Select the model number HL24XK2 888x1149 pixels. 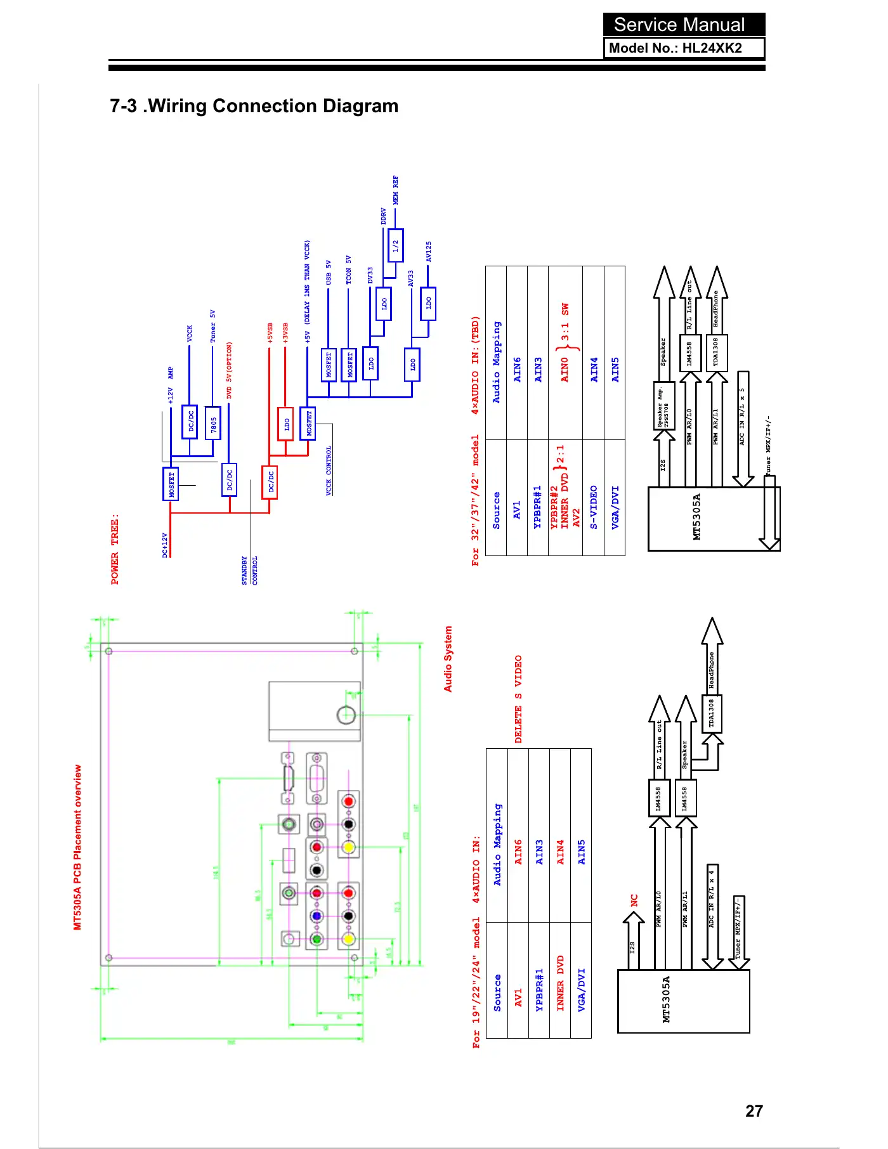click(x=712, y=48)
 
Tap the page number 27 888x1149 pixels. click(x=754, y=1110)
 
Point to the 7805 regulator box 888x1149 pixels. click(x=213, y=422)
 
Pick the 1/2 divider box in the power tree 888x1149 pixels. click(x=395, y=245)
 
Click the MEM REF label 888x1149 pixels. click(x=396, y=190)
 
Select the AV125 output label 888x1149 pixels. click(x=429, y=252)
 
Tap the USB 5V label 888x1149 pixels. click(x=329, y=272)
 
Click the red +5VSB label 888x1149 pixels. click(x=270, y=334)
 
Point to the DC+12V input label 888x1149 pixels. click(x=165, y=545)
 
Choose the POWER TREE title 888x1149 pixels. click(x=115, y=549)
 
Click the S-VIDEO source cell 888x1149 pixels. click(x=594, y=507)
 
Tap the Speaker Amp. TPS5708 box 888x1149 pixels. click(x=663, y=406)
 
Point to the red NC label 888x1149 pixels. click(x=634, y=900)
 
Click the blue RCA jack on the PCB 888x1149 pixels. click(x=317, y=916)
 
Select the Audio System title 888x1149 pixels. click(x=448, y=659)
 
